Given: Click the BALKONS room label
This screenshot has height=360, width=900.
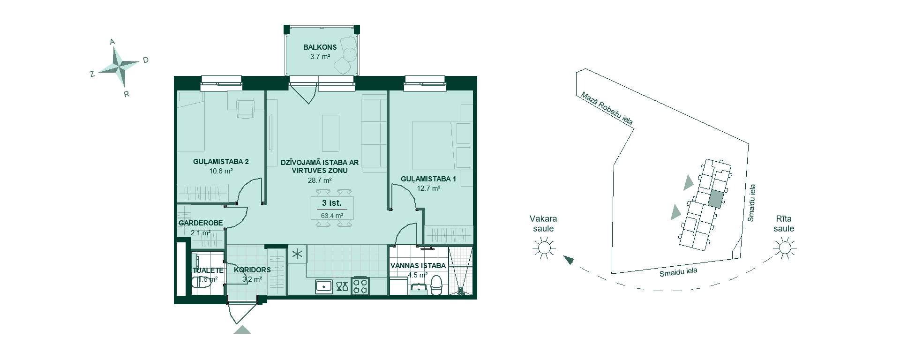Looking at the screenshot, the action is (x=320, y=47).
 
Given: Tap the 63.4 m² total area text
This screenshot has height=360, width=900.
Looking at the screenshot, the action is (x=332, y=216).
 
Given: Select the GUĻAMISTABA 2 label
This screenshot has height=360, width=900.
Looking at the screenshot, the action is (x=221, y=162).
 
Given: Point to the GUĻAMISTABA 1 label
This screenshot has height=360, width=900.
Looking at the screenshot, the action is (x=428, y=179).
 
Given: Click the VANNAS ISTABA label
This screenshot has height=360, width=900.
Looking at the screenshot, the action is (x=418, y=266).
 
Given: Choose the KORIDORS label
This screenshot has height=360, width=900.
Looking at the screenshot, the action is (x=252, y=270).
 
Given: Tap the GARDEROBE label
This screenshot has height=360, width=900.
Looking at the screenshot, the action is (x=201, y=223).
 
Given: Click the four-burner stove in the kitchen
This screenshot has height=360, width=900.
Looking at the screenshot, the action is (x=360, y=285).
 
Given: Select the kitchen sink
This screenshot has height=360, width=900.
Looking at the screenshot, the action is (x=323, y=286).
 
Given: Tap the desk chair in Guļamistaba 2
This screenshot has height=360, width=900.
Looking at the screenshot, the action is (x=245, y=109).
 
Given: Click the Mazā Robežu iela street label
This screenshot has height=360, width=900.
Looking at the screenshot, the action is (x=607, y=108).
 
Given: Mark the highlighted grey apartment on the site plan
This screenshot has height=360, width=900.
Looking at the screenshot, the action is (x=715, y=199).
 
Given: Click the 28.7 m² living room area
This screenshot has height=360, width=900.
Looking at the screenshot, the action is (x=320, y=180).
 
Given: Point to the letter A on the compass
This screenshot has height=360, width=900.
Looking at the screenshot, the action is (x=112, y=42).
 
